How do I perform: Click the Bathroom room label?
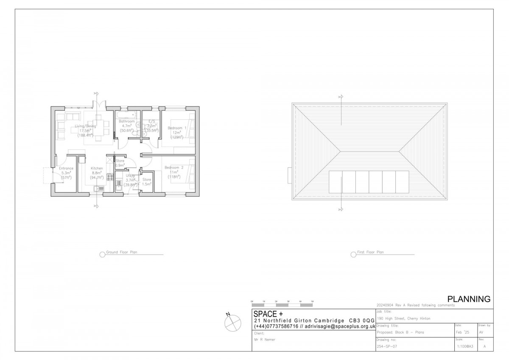pyautogui.click(x=127, y=121)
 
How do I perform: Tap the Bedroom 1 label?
pyautogui.click(x=175, y=128)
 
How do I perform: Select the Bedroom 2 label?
pyautogui.click(x=174, y=168)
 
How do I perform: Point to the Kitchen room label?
pyautogui.click(x=97, y=168)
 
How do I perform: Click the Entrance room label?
pyautogui.click(x=66, y=169)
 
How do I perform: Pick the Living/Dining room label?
pyautogui.click(x=85, y=126)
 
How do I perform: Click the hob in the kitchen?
pyautogui.click(x=109, y=177)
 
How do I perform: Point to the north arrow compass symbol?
pyautogui.click(x=231, y=322)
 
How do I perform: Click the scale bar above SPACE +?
pyautogui.click(x=282, y=304)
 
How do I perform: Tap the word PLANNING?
pyautogui.click(x=469, y=299)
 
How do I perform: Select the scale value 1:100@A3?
pyautogui.click(x=465, y=347)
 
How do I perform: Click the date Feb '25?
pyautogui.click(x=462, y=332)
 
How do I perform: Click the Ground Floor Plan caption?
pyautogui.click(x=121, y=252)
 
